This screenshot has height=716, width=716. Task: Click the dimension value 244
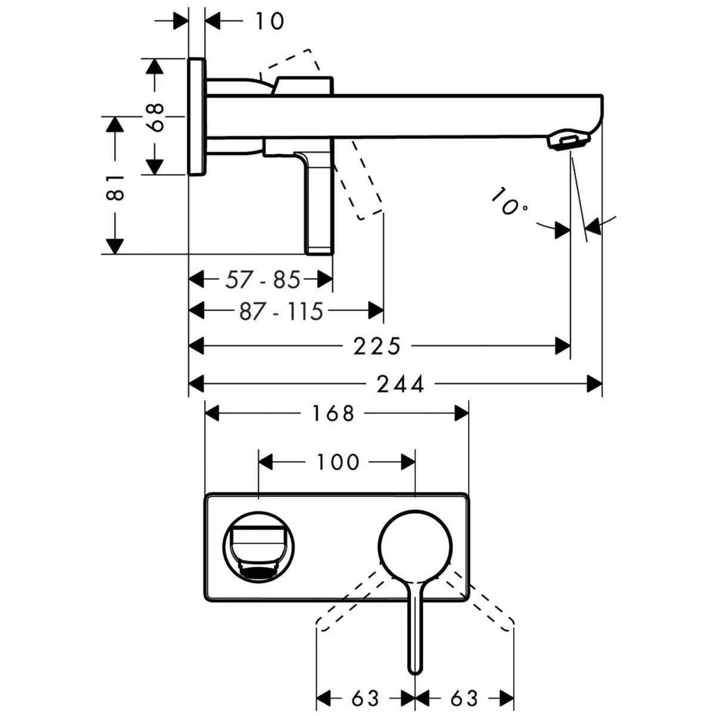(x=400, y=384)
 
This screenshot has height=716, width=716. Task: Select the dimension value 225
(x=376, y=346)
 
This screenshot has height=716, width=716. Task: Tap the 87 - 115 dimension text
(x=280, y=311)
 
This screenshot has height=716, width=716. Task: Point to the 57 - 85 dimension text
(x=263, y=279)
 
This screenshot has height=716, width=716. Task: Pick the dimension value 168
(x=333, y=413)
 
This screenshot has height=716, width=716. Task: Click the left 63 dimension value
(x=365, y=698)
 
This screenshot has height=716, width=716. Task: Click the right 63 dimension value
(x=464, y=698)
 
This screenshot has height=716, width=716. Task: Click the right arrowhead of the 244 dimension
(x=594, y=384)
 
